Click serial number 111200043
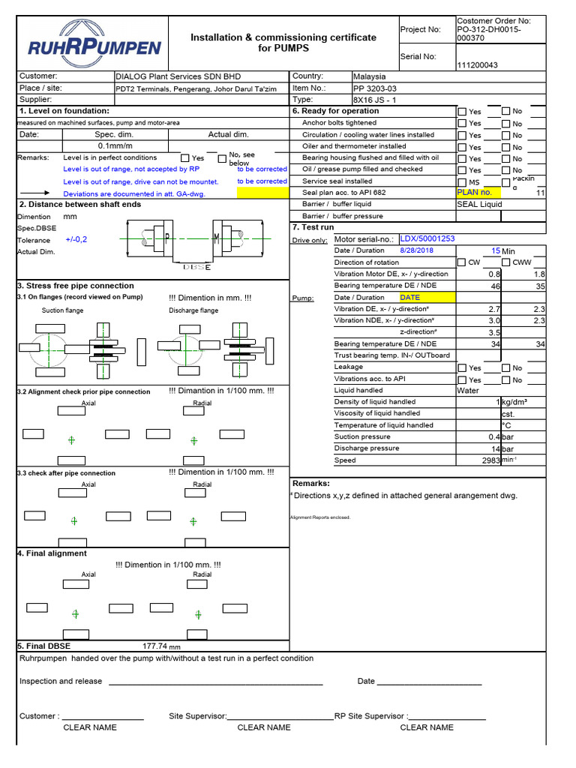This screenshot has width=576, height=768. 477,65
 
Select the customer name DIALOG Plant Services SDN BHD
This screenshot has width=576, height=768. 178,76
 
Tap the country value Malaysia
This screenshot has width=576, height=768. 369,76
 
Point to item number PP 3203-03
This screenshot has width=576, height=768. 374,88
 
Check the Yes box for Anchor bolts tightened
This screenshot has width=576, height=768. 462,123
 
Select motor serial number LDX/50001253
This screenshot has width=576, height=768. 427,238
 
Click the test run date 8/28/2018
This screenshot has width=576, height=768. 417,250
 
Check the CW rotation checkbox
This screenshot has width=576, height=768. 462,262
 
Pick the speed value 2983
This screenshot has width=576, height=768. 490,460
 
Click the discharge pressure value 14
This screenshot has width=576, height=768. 496,448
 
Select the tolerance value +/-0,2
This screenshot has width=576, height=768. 76,239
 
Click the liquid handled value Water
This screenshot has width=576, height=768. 468,391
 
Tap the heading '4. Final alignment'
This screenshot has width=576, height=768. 52,553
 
